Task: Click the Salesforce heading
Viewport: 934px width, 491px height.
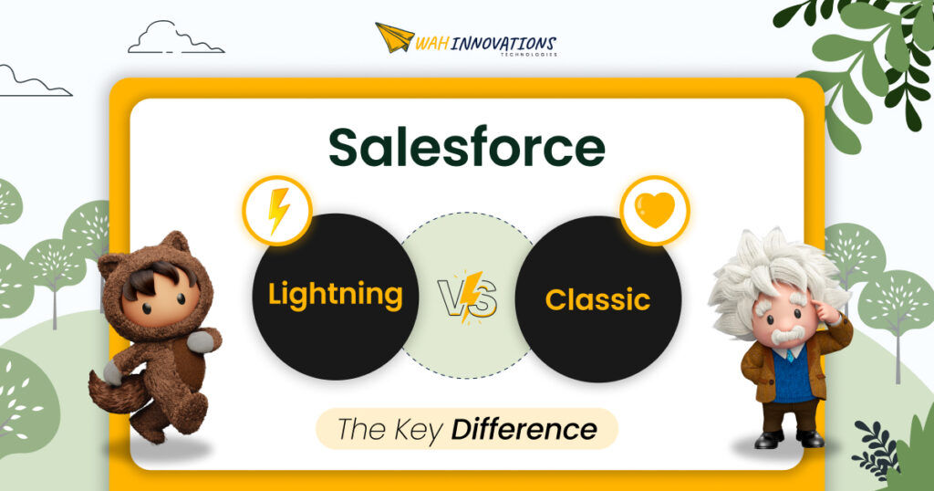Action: point(466,147)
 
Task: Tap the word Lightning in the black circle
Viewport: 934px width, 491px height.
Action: point(336,294)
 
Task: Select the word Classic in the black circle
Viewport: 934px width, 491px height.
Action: point(597,298)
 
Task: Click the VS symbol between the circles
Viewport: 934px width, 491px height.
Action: point(467,296)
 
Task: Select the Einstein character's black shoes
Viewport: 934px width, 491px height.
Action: point(784,440)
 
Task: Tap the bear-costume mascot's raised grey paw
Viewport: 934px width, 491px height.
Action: point(202,341)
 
